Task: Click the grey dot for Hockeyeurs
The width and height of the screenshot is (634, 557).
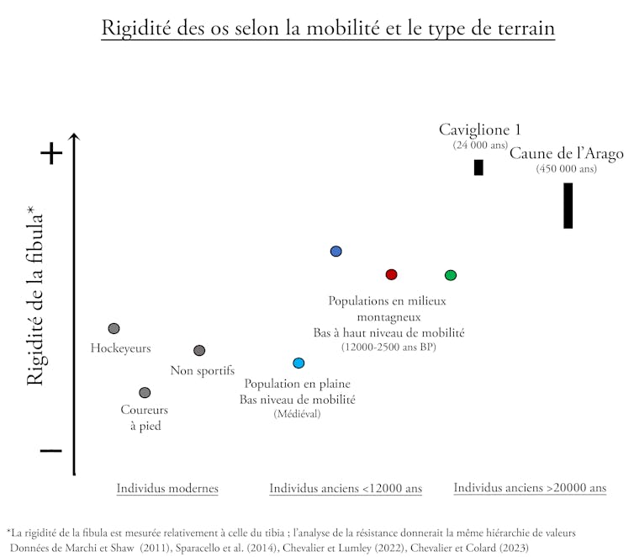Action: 114,328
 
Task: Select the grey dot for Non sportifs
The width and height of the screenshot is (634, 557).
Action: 199,350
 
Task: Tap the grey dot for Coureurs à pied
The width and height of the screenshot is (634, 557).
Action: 145,393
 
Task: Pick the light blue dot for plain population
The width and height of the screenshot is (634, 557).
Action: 299,363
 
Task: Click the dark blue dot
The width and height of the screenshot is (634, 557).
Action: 336,251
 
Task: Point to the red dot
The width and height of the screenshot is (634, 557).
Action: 391,274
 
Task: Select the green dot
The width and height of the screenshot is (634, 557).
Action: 451,275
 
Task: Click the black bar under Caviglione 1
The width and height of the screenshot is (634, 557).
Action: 478,167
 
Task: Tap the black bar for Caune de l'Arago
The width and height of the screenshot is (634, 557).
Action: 568,205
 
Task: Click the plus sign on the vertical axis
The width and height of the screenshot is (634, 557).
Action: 51,153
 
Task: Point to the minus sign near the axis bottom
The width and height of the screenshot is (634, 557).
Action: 50,450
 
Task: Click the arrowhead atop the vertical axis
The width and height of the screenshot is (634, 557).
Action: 75,137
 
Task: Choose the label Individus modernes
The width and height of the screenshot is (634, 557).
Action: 167,488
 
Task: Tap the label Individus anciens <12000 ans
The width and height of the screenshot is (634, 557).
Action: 346,488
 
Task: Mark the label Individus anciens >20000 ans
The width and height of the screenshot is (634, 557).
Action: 530,488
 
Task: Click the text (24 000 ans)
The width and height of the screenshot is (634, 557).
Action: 480,145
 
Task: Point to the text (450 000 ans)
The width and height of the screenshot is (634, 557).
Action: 567,168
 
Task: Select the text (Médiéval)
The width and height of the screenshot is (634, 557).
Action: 298,414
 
